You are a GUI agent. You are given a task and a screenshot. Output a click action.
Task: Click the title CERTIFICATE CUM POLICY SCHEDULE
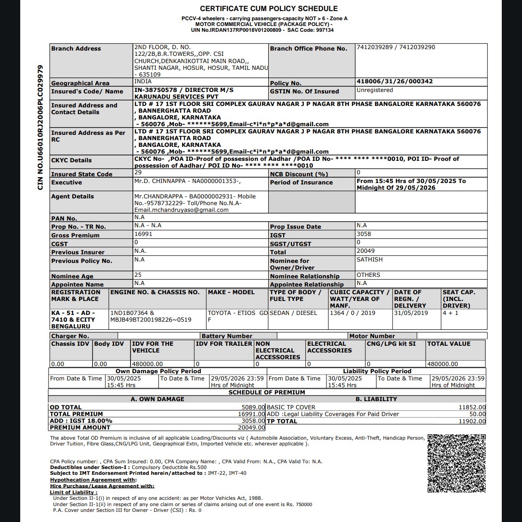point(269,9)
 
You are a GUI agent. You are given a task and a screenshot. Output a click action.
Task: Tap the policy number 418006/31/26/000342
point(394,81)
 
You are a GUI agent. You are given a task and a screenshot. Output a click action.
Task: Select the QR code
point(457,463)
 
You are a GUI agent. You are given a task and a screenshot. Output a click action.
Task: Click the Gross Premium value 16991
point(144,234)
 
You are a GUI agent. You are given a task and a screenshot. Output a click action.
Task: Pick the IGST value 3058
point(364,234)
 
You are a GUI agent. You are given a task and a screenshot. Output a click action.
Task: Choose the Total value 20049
point(365,251)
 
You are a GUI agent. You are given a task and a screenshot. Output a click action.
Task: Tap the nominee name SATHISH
point(369,260)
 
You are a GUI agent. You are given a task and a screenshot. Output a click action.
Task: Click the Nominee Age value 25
point(138,275)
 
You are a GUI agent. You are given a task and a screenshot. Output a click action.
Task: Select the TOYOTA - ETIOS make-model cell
point(237,316)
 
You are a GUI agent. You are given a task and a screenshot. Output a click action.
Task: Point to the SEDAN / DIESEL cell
point(293,313)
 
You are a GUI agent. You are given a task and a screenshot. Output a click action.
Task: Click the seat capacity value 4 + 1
point(451,313)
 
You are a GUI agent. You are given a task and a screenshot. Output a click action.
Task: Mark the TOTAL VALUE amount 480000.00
point(443,364)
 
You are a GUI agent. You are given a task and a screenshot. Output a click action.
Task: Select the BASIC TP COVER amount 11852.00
point(472,407)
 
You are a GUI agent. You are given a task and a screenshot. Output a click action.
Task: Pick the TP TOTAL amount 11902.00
point(472,421)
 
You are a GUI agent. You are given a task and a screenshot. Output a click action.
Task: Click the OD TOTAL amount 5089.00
point(253,407)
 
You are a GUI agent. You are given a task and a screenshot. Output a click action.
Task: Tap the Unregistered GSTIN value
point(375,90)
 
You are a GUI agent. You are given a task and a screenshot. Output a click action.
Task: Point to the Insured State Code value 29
point(138,172)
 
